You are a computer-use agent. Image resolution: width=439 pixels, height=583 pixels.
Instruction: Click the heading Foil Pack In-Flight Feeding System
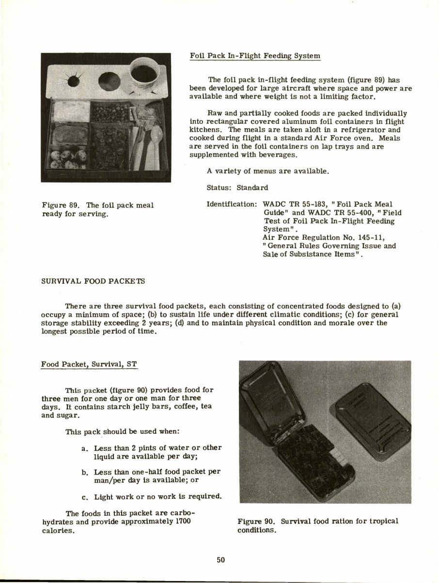pos(255,56)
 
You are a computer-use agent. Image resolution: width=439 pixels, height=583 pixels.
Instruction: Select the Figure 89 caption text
pos(97,209)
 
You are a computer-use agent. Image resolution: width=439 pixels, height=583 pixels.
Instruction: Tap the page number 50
pos(221,560)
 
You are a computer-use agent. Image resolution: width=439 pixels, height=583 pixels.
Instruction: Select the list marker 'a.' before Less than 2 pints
pos(85,448)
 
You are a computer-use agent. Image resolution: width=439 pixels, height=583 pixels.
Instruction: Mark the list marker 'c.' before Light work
pos(85,496)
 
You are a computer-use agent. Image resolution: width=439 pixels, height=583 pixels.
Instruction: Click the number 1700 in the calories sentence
pos(182,521)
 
